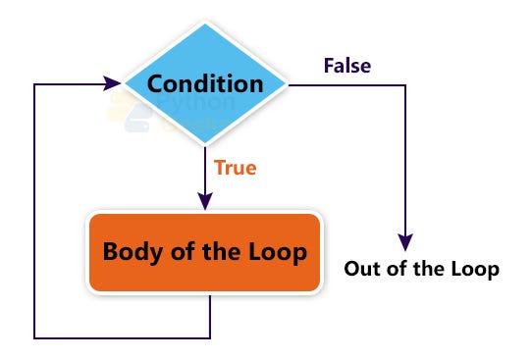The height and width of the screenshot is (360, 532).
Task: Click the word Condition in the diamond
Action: coord(205,84)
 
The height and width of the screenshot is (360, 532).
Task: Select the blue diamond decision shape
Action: coord(205,83)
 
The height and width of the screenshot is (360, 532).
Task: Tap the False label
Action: coord(347,66)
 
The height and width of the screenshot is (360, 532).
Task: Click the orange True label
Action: coord(236,168)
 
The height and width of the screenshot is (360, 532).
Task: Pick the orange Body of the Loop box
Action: coord(204,252)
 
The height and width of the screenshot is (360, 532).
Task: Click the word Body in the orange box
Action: coord(133,252)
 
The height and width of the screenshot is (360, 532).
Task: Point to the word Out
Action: coord(363,269)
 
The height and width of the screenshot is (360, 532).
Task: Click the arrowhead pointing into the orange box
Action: coord(205,201)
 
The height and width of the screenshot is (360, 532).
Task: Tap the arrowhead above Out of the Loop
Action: coord(405,242)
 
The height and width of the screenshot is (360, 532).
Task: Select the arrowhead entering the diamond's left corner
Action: coord(111,83)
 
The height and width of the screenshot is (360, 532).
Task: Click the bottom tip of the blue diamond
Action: coord(205,144)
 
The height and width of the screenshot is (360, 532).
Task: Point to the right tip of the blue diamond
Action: coord(287,83)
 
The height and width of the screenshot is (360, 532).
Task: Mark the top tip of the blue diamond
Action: coord(205,24)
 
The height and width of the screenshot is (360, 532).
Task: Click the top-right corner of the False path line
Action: coord(405,85)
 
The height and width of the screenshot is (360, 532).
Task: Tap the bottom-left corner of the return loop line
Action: coord(34,338)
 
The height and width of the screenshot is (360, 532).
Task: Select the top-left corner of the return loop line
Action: coord(34,83)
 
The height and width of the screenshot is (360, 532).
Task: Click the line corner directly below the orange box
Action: coord(210,338)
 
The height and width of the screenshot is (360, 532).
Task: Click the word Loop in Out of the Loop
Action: coord(475,270)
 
